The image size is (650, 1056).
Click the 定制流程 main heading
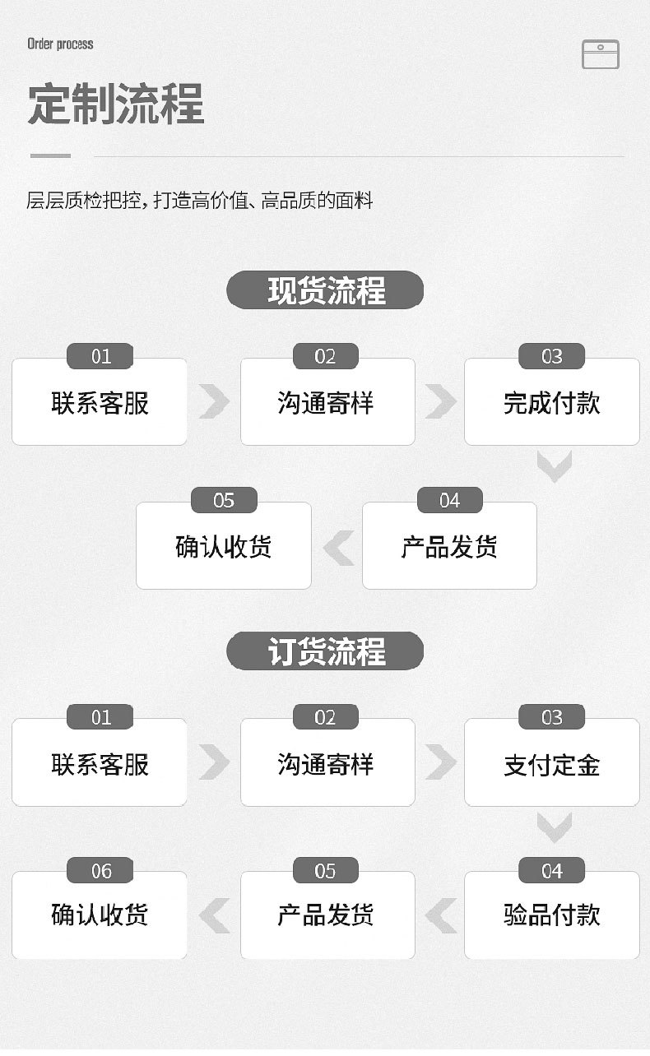116,104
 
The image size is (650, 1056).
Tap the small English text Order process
60,44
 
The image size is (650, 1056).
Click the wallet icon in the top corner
600,54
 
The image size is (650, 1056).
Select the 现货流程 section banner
325,290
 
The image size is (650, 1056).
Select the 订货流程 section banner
325,651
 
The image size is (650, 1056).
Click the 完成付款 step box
551,403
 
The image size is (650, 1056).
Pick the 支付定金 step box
551,764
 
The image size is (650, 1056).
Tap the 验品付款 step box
551,915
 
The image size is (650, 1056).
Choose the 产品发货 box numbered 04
449,547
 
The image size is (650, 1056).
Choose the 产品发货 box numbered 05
327,915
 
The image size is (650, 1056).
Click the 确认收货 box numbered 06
100,915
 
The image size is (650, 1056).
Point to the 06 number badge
100,871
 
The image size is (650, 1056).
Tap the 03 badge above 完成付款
551,357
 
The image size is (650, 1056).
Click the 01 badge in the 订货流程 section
100,718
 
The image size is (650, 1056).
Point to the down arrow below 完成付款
554,466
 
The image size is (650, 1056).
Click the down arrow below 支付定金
554,827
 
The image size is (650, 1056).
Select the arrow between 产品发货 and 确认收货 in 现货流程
338,548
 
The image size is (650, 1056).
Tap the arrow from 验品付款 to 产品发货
441,915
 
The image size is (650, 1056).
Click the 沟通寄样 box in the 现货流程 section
327,403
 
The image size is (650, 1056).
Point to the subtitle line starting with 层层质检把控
200,200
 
